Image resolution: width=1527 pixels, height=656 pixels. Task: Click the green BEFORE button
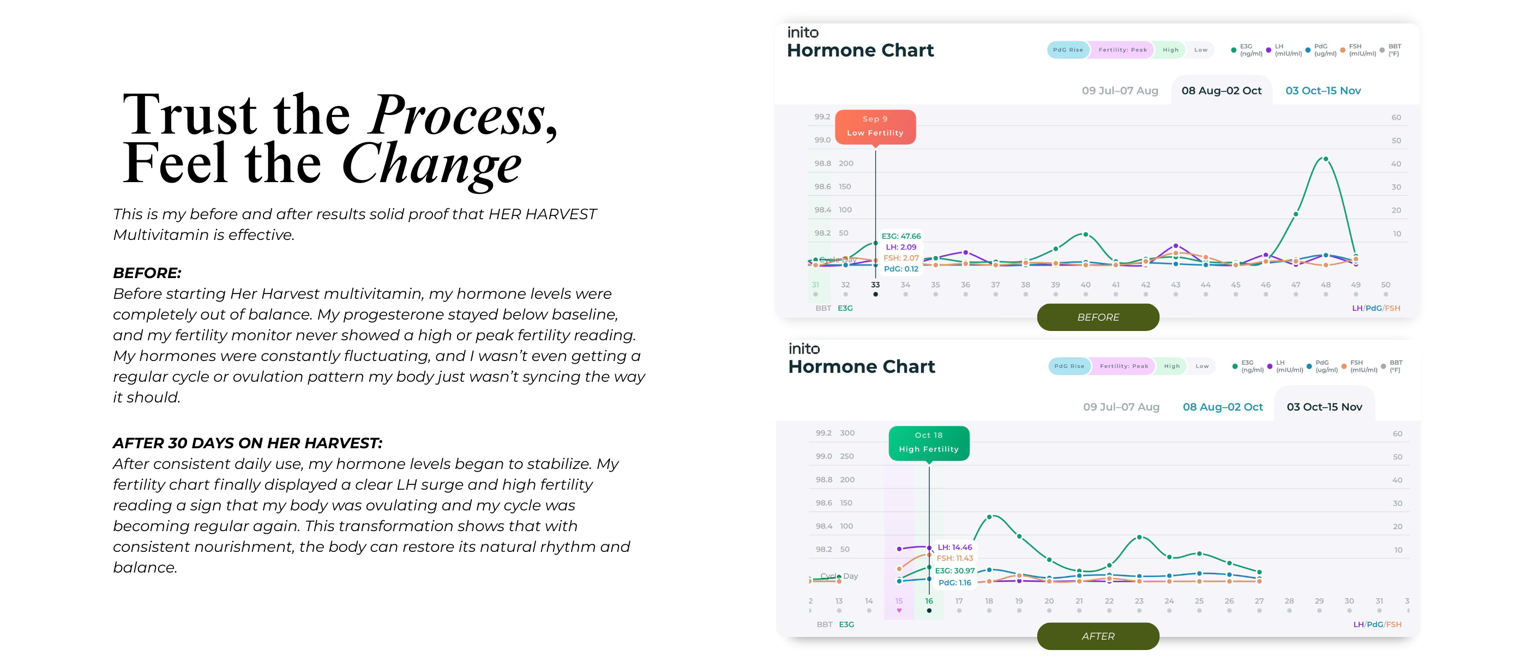1098,317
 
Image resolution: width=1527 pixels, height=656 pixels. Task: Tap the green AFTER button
1098,636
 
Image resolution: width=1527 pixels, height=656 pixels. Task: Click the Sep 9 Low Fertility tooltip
875,126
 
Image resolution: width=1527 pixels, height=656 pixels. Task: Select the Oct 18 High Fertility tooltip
928,443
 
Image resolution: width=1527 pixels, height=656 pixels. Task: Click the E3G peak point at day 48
1325,159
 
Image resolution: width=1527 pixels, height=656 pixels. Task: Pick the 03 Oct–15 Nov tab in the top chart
1322,91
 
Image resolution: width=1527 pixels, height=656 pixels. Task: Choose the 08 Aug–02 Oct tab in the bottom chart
1222,407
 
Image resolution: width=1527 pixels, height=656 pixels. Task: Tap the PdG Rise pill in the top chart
1068,50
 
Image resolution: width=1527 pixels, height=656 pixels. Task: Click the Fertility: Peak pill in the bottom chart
1123,366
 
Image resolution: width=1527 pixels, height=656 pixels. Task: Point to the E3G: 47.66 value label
900,237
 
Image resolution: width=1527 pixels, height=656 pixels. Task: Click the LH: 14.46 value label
954,547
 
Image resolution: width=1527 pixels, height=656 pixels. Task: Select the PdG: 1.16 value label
954,582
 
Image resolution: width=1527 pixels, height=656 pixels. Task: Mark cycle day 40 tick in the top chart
1085,285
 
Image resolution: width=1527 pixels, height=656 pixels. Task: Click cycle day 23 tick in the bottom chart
1139,601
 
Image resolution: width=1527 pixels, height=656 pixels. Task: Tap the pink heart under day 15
899,610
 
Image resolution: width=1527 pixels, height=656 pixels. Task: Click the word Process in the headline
457,115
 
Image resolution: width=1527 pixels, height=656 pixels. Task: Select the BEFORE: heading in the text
147,273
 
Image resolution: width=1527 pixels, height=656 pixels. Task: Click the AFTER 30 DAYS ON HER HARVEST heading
247,443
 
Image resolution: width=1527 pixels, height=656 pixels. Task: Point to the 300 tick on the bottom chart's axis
847,433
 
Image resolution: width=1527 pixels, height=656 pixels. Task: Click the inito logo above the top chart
803,33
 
